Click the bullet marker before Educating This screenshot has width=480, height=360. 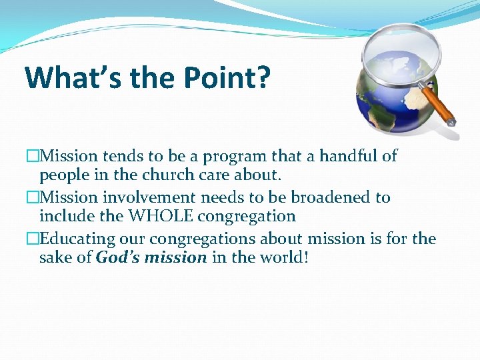tap(33, 239)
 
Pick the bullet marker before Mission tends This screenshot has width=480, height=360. tap(33, 156)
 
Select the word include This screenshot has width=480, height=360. tap(64, 217)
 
